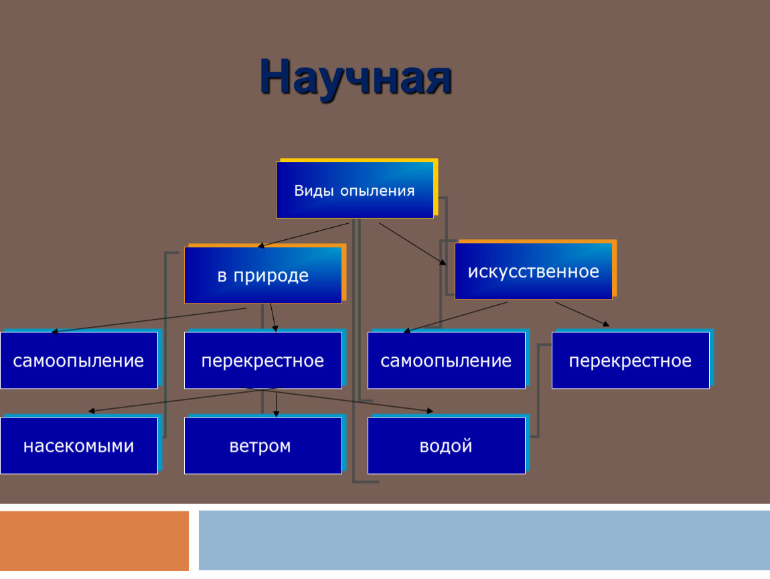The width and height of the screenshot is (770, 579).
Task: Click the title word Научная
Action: coord(356,78)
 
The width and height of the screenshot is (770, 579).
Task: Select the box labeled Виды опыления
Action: coord(355,190)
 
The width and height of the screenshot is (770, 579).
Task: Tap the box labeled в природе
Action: coord(262,275)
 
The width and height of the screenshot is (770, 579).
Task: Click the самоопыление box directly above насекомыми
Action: coord(78,361)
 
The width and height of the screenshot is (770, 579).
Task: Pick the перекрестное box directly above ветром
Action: coord(262,361)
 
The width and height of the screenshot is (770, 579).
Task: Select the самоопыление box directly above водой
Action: coord(447,361)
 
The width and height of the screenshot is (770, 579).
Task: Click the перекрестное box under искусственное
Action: coord(631,361)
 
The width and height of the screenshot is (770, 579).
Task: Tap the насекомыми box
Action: coord(78,446)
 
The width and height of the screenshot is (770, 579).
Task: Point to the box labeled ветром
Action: coord(262,446)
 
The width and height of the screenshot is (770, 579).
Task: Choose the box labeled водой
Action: coord(447,446)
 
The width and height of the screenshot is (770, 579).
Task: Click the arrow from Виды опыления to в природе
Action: coord(303,235)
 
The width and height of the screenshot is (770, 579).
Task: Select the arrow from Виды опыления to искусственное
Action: coord(412,244)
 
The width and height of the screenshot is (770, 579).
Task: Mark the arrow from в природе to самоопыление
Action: coord(149,320)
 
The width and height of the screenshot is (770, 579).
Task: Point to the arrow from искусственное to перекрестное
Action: coord(583,314)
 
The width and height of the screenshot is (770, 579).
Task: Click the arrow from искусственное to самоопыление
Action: coord(455,318)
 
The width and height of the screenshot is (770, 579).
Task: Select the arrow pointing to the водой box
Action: coord(339,399)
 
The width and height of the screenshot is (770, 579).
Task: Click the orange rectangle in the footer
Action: coord(94,541)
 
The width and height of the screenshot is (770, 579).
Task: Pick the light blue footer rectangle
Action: coord(484,540)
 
